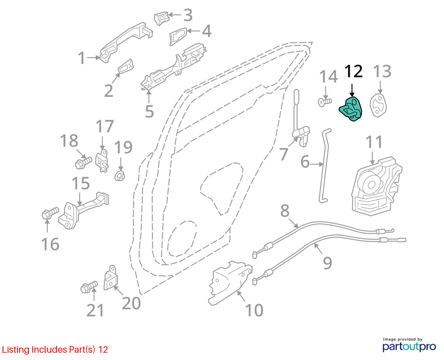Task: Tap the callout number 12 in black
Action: click(x=354, y=71)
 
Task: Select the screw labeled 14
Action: click(x=325, y=102)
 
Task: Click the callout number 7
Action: click(x=283, y=154)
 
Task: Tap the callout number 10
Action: click(x=254, y=310)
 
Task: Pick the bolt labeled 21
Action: click(x=89, y=287)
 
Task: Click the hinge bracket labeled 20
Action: click(x=111, y=278)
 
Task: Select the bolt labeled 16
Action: click(x=50, y=213)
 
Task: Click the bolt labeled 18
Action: click(x=83, y=163)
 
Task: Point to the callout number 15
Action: click(x=81, y=183)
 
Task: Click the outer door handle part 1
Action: click(x=126, y=42)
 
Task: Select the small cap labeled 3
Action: click(x=161, y=19)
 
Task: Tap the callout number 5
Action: click(x=149, y=111)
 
